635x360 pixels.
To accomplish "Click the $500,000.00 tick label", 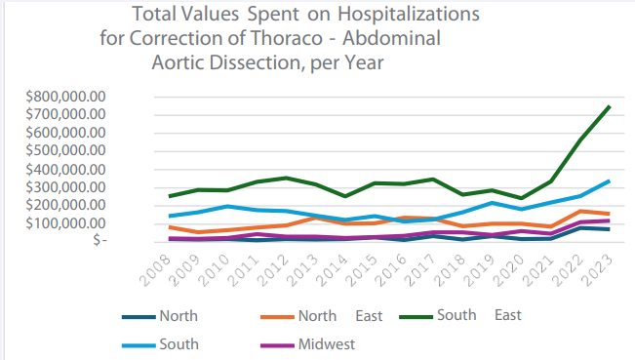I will (60, 150).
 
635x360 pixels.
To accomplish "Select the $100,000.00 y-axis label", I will (60, 222).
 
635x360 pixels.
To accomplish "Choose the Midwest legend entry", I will (328, 343).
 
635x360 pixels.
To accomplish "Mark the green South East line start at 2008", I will (169, 196).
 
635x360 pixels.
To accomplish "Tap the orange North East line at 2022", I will (581, 211).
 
